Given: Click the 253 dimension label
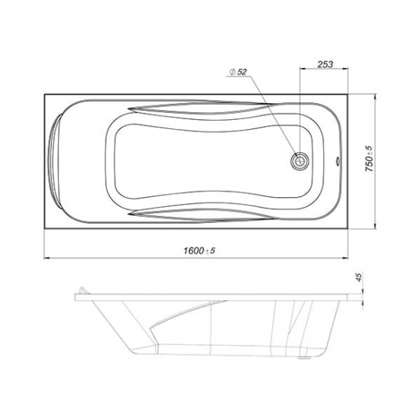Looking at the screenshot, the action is pos(325,64).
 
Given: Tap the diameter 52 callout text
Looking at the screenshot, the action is pos(238,72).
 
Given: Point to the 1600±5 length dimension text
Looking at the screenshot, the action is pos(199,250).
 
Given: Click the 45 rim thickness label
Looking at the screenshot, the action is pos(359,276).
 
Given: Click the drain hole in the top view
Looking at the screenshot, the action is pos(300,162).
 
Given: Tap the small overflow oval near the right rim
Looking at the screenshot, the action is pos(338,161).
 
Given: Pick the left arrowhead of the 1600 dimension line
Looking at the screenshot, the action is pos(47,258).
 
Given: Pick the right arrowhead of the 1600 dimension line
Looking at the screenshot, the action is pos(344,258).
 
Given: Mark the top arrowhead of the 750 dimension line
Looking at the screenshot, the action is pos(375,97).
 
